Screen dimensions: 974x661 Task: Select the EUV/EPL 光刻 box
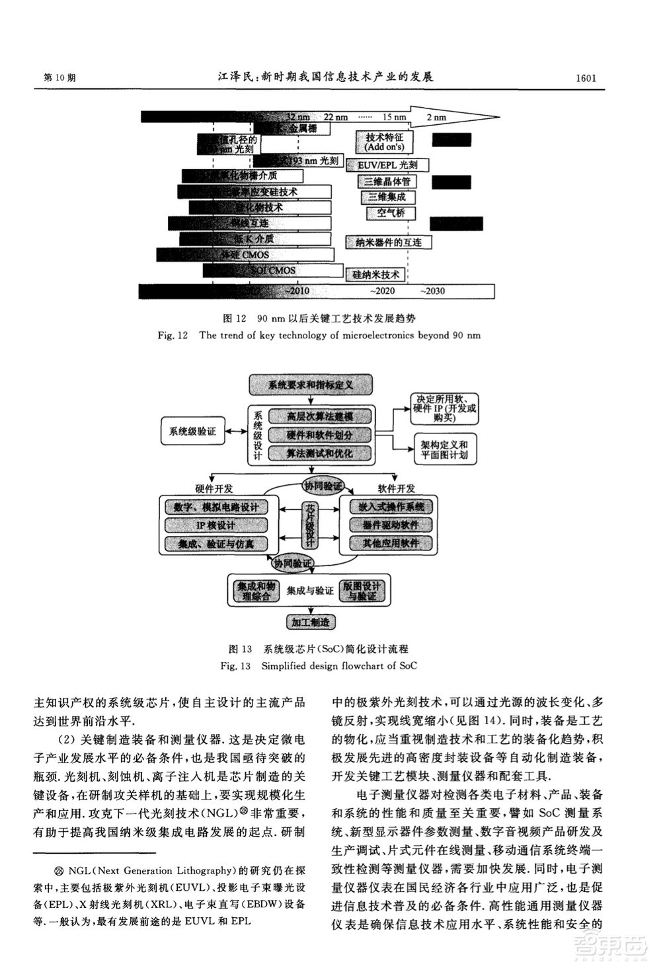point(387,165)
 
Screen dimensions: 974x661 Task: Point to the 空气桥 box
point(391,213)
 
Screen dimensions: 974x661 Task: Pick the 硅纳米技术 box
point(375,274)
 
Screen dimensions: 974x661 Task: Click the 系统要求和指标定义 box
point(311,384)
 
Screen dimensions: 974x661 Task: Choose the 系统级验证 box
point(192,431)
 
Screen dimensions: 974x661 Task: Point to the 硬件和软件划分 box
point(319,435)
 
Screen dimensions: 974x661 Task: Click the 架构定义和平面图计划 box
point(444,449)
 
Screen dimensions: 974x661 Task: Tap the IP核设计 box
point(216,525)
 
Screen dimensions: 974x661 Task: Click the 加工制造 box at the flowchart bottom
point(310,622)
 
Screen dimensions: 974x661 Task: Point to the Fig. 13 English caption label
point(319,665)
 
